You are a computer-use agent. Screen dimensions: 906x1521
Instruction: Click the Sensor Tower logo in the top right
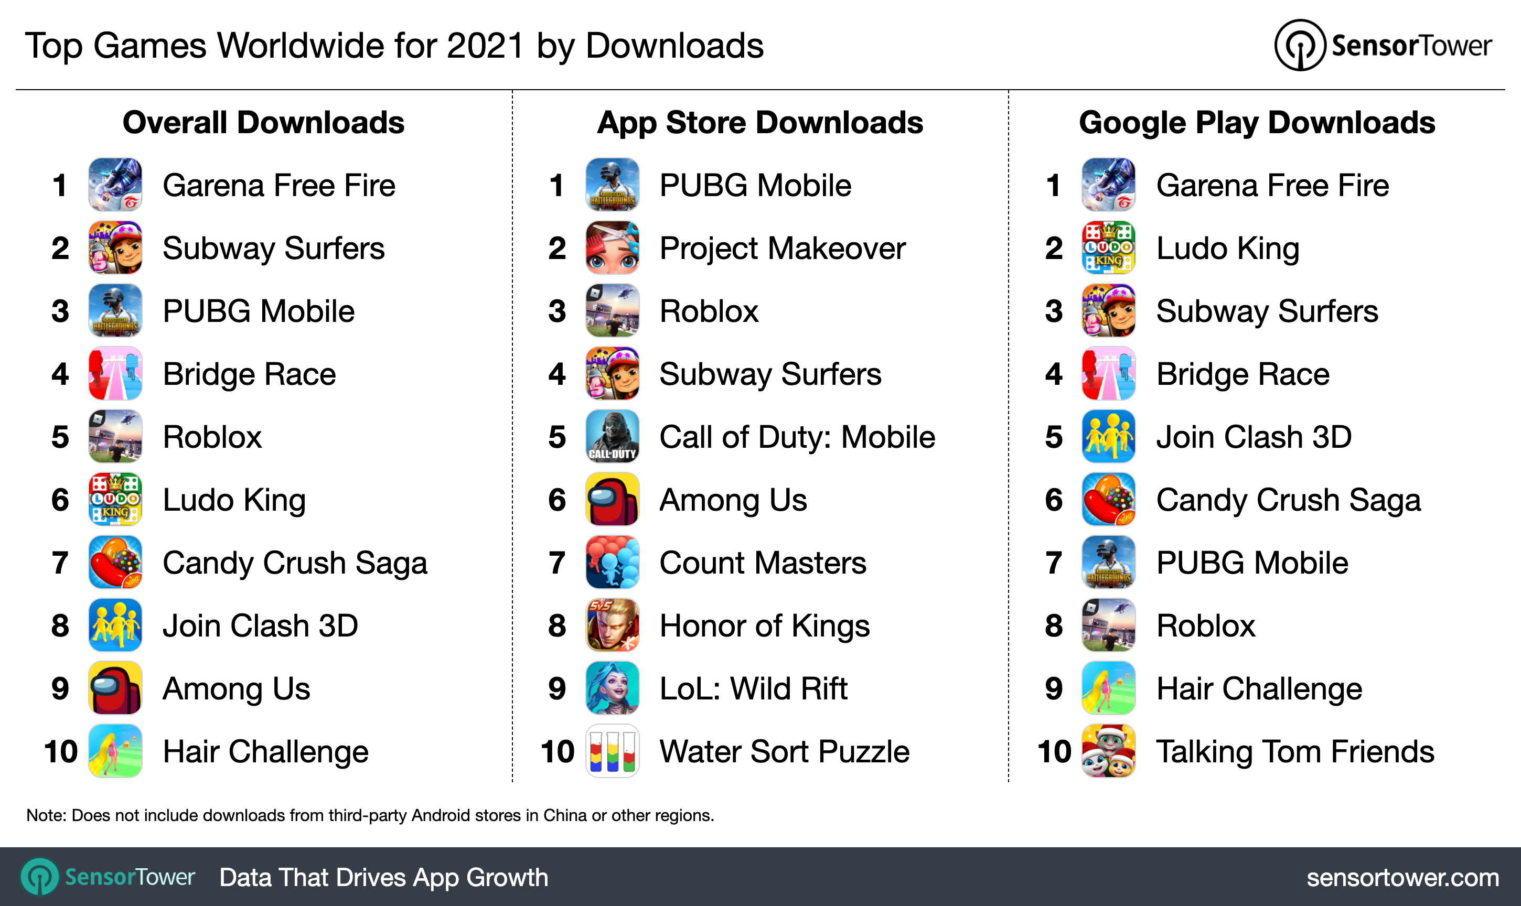point(1383,45)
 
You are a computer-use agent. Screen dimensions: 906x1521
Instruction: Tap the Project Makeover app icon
point(612,248)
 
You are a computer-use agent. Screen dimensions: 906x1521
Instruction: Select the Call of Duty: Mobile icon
point(612,437)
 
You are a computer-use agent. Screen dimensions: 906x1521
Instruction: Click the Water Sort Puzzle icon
point(612,751)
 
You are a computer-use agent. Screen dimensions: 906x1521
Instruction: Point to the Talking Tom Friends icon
point(1108,751)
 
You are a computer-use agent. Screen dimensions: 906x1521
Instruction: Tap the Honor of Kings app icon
point(612,625)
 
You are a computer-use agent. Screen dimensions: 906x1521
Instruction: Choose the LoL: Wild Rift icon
point(612,688)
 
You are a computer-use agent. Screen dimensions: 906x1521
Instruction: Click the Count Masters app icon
point(612,562)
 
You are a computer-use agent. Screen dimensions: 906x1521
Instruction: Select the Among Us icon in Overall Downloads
point(115,688)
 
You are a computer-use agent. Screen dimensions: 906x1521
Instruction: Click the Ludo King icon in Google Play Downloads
point(1108,248)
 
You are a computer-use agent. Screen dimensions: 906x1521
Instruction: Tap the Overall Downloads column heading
point(263,123)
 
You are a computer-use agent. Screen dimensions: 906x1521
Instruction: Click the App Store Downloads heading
point(759,123)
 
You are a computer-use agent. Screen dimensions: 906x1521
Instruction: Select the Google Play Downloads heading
point(1257,123)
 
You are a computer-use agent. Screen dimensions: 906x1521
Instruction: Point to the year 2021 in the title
point(485,46)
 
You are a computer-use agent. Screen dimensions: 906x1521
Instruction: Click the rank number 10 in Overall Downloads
point(60,751)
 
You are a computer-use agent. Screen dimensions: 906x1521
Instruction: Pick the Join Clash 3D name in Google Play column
point(1254,437)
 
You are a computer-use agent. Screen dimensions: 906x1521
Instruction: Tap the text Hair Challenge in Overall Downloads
point(265,751)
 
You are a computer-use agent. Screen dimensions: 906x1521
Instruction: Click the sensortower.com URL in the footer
point(1402,877)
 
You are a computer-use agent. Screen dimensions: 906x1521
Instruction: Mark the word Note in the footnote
point(45,816)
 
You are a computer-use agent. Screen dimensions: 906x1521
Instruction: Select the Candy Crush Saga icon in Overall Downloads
point(115,562)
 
